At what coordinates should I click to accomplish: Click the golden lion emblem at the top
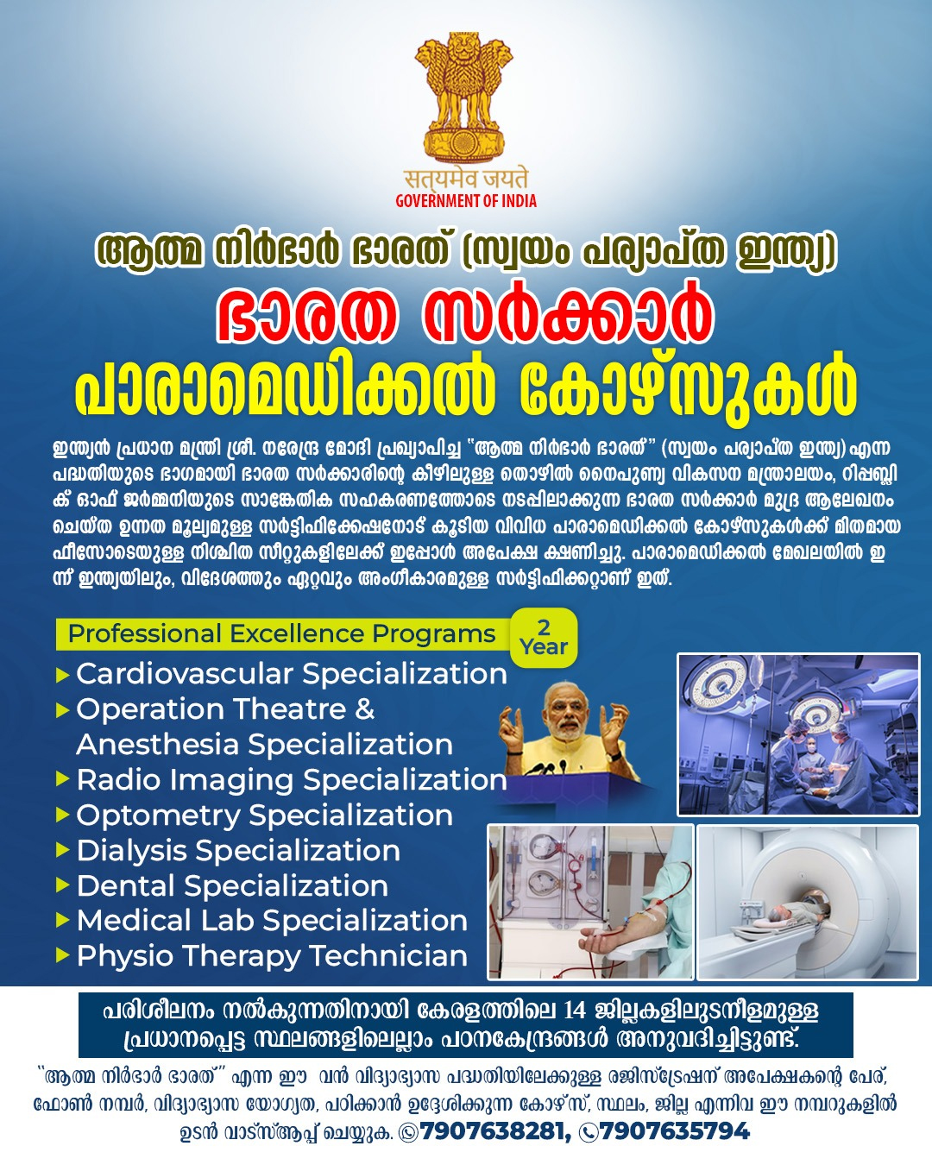(464, 98)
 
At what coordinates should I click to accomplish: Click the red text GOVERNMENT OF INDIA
(466, 201)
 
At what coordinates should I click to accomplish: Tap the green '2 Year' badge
(543, 637)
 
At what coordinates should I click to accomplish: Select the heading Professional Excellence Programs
(281, 633)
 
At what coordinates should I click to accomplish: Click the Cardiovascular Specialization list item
(292, 674)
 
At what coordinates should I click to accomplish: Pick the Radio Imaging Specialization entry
(292, 780)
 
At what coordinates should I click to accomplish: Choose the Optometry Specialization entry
(264, 815)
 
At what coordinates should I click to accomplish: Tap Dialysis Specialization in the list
(238, 851)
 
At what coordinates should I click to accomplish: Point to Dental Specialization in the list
(232, 886)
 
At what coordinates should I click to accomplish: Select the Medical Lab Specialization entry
(272, 921)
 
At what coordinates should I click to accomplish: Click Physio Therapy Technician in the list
(272, 956)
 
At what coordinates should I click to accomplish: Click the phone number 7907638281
(492, 1130)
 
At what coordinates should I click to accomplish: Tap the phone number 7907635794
(675, 1130)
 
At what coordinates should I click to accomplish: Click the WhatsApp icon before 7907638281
(408, 1132)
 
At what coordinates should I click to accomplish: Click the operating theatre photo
(798, 734)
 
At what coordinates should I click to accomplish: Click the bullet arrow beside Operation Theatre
(63, 710)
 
